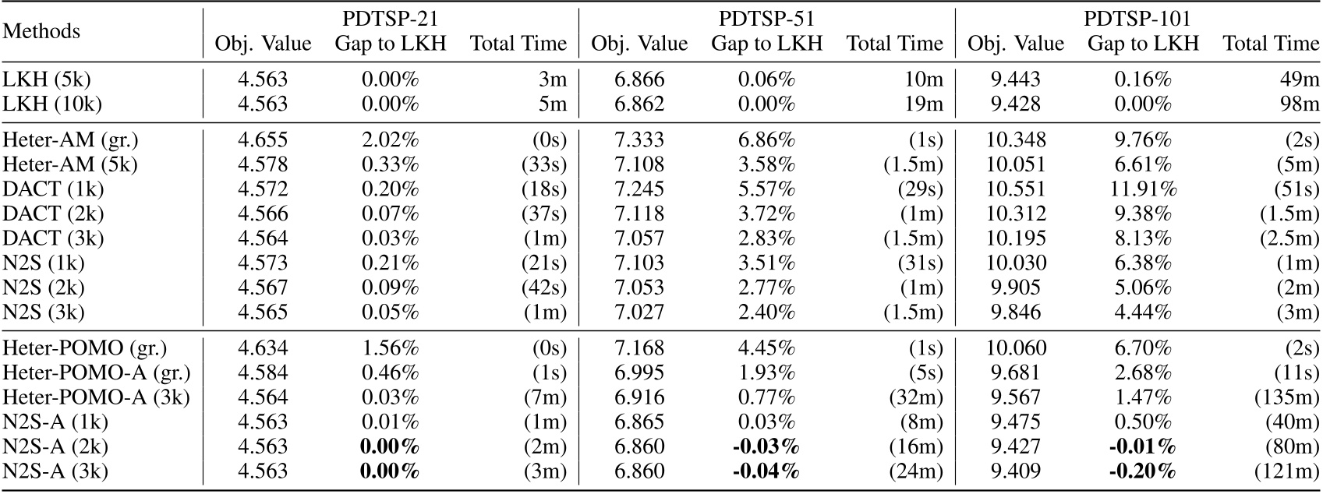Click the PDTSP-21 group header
point(391,19)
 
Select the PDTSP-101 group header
point(1143,19)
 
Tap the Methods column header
point(42,31)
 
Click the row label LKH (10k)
point(52,104)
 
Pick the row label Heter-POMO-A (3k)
point(97,397)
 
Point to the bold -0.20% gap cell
point(1143,471)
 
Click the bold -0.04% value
point(766,471)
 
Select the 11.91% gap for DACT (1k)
point(1143,189)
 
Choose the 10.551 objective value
point(1016,189)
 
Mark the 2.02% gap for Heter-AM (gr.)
point(391,140)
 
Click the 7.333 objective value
point(639,140)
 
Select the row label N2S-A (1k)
point(55,422)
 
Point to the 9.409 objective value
point(1016,471)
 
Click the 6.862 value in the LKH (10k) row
point(639,104)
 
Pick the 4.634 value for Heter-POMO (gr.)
point(263,348)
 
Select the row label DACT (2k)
point(53,213)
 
